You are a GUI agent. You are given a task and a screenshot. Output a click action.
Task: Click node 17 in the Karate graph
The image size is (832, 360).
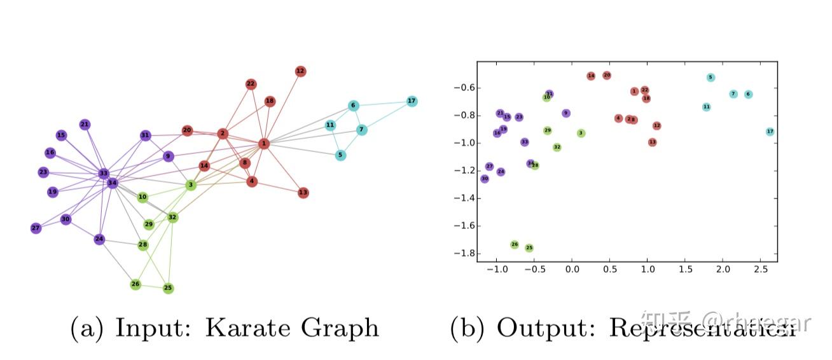pyautogui.click(x=412, y=101)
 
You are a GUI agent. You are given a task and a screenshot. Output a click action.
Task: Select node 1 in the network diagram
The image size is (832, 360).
pyautogui.click(x=264, y=144)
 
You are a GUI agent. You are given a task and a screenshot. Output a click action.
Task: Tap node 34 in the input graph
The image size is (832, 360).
pyautogui.click(x=113, y=183)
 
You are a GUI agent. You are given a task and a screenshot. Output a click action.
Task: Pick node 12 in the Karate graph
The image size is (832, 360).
pyautogui.click(x=301, y=71)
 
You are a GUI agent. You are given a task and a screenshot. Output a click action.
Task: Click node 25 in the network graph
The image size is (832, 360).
pyautogui.click(x=168, y=288)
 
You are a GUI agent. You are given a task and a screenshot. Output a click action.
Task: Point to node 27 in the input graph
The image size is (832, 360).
pyautogui.click(x=36, y=228)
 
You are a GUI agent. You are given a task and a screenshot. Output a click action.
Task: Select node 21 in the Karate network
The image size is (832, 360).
pyautogui.click(x=85, y=125)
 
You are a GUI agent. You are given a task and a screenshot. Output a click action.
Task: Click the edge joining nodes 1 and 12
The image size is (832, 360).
pyautogui.click(x=282, y=108)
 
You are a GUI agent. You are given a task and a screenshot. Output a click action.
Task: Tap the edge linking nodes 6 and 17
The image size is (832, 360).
pyautogui.click(x=382, y=104)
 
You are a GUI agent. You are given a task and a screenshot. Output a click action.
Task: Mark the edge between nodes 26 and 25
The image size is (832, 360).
pyautogui.click(x=151, y=286)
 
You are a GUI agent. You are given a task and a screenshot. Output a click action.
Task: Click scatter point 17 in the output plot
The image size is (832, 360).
pyautogui.click(x=770, y=132)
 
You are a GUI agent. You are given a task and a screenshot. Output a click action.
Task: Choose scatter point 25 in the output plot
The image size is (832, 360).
pyautogui.click(x=529, y=248)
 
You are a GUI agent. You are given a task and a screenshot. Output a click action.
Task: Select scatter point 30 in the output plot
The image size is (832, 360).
pyautogui.click(x=485, y=179)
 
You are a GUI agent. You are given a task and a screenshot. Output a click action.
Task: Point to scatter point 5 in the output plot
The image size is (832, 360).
pyautogui.click(x=711, y=78)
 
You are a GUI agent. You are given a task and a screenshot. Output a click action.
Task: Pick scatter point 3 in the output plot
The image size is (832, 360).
pyautogui.click(x=581, y=133)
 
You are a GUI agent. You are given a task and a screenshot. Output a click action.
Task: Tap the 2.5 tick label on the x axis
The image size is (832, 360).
pyautogui.click(x=761, y=270)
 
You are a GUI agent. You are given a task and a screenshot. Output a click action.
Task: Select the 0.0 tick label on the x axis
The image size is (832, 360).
pyautogui.click(x=572, y=270)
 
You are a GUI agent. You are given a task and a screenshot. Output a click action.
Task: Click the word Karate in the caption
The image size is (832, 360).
pyautogui.click(x=246, y=328)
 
